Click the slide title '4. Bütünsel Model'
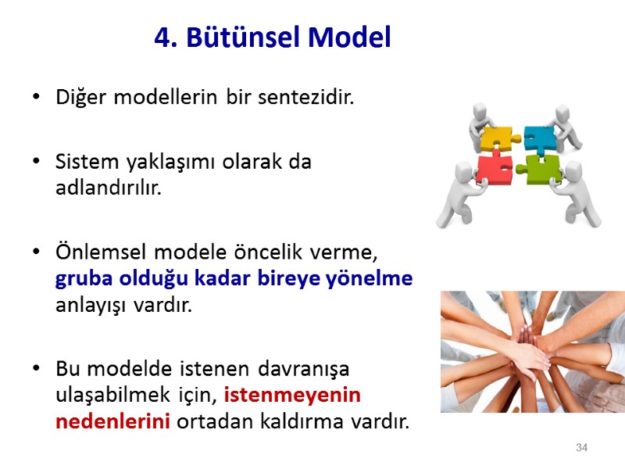272,37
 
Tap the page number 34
581,448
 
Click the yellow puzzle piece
495,140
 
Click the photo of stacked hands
533,351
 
